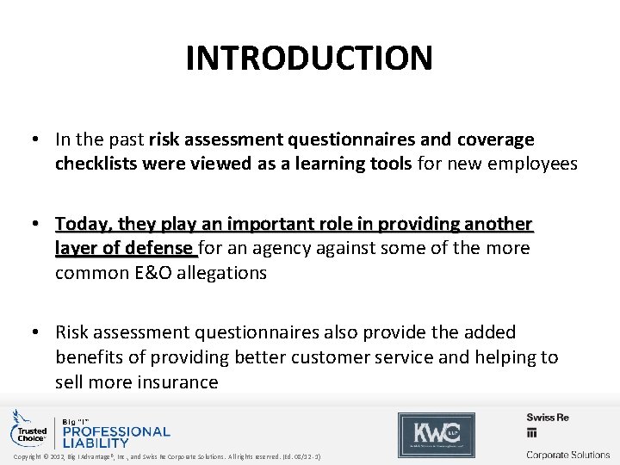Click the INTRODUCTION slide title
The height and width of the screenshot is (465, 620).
click(x=309, y=58)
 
